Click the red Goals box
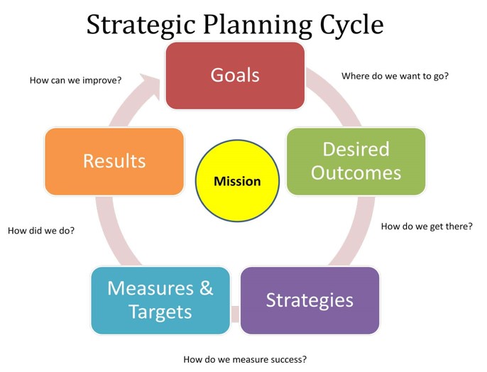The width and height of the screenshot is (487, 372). pos(235,76)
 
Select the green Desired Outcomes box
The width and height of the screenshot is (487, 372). pos(356,161)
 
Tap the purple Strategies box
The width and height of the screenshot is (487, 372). pos(310,300)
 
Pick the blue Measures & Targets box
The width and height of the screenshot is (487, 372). pos(160,300)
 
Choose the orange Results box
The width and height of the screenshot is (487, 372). pos(114,161)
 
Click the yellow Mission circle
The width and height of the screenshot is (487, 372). pos(237,181)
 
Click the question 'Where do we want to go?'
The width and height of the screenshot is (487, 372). pos(395,76)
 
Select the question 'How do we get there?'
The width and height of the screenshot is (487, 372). pos(427,226)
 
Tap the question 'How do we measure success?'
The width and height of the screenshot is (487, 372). pos(245,359)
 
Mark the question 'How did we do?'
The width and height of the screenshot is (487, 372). pos(41,231)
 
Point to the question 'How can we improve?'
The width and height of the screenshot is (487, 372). pos(75,80)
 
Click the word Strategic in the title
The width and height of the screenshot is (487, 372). pos(141,25)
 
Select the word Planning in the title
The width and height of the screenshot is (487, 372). pos(258,25)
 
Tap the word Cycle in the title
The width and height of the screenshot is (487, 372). pos(352,25)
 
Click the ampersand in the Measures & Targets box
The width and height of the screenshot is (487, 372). pos(206,288)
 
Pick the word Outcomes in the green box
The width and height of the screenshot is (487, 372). pos(356,173)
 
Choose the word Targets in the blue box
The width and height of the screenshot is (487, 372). pos(160,312)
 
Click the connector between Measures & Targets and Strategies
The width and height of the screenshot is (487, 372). pos(235,314)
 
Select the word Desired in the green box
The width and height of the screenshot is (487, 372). pos(356,149)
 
